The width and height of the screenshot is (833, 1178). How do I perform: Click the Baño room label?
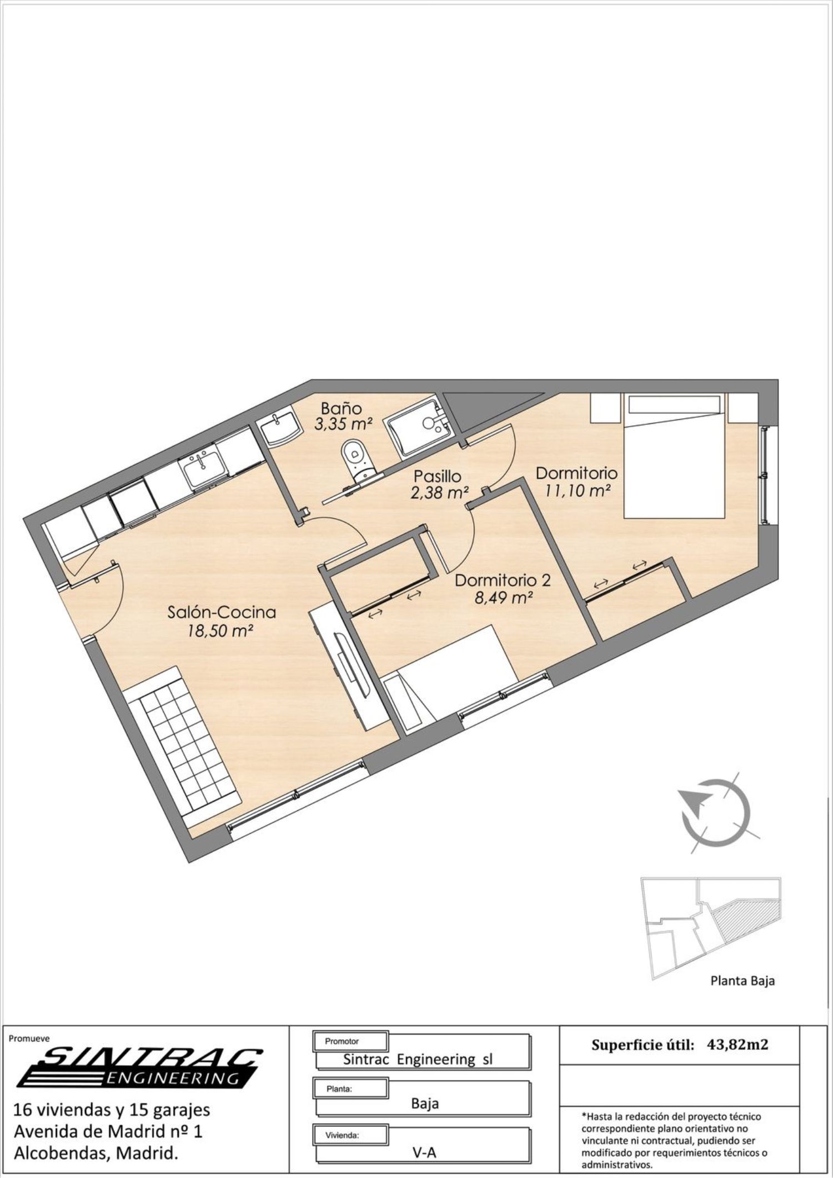tap(342, 408)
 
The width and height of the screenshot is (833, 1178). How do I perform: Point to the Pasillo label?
tap(437, 476)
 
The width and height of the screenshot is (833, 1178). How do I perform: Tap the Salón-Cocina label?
tap(222, 612)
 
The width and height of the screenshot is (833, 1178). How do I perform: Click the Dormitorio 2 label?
tap(503, 581)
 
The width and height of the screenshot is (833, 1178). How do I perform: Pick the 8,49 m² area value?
tap(504, 598)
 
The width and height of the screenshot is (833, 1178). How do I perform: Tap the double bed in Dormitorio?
tap(674, 456)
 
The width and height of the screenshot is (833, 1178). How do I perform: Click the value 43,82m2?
tap(738, 1044)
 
